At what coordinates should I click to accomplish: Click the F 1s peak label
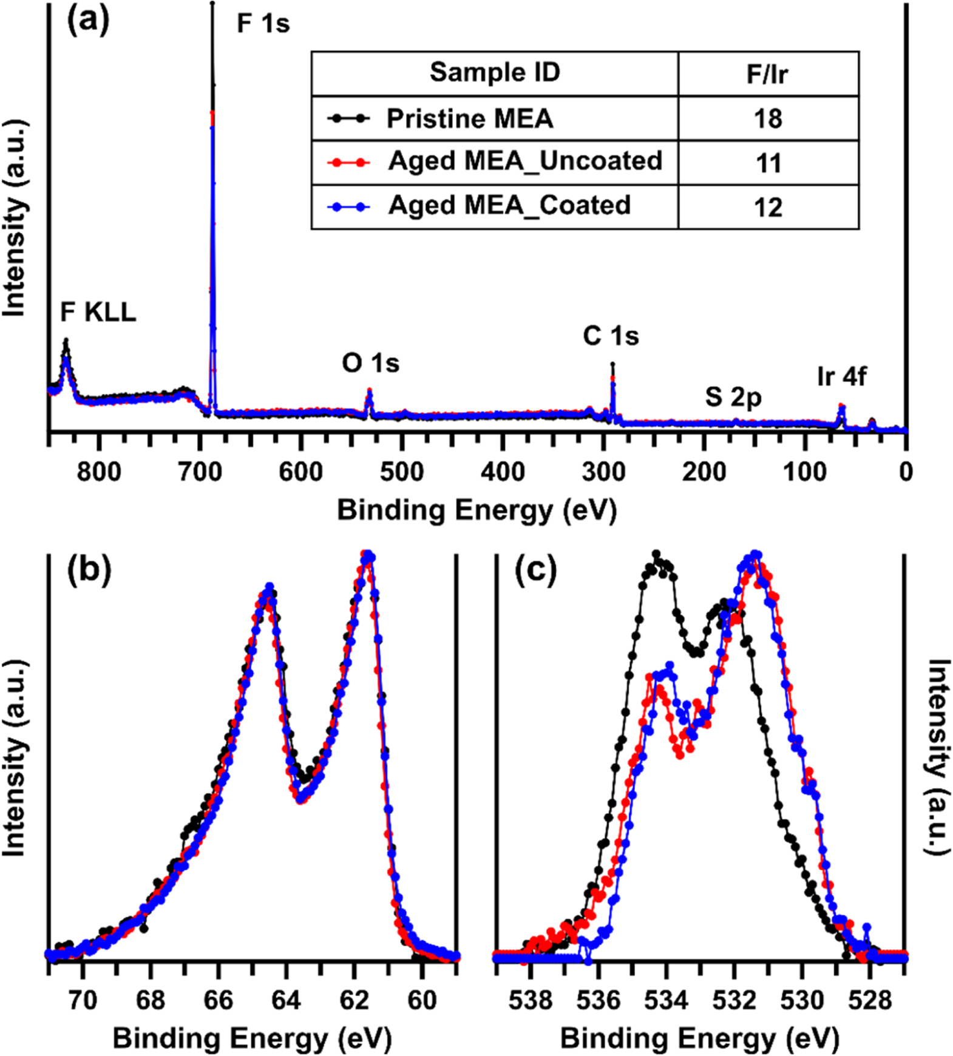(263, 24)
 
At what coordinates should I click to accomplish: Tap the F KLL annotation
(98, 313)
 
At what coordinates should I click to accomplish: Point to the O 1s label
(370, 364)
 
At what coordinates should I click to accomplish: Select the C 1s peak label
(611, 336)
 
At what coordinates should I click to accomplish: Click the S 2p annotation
(733, 398)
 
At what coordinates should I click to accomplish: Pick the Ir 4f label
(841, 377)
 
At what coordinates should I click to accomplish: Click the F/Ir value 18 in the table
(768, 119)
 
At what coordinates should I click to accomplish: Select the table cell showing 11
(768, 163)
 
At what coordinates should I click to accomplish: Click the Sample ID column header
(495, 73)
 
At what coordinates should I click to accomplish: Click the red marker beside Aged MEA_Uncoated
(348, 162)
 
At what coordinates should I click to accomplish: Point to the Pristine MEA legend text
(470, 119)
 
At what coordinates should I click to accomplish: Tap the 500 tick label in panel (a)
(401, 472)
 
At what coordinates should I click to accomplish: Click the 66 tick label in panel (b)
(218, 1000)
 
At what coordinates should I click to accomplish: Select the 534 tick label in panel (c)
(666, 1000)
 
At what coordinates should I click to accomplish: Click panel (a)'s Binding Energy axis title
(476, 510)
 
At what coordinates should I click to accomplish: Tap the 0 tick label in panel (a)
(905, 472)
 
